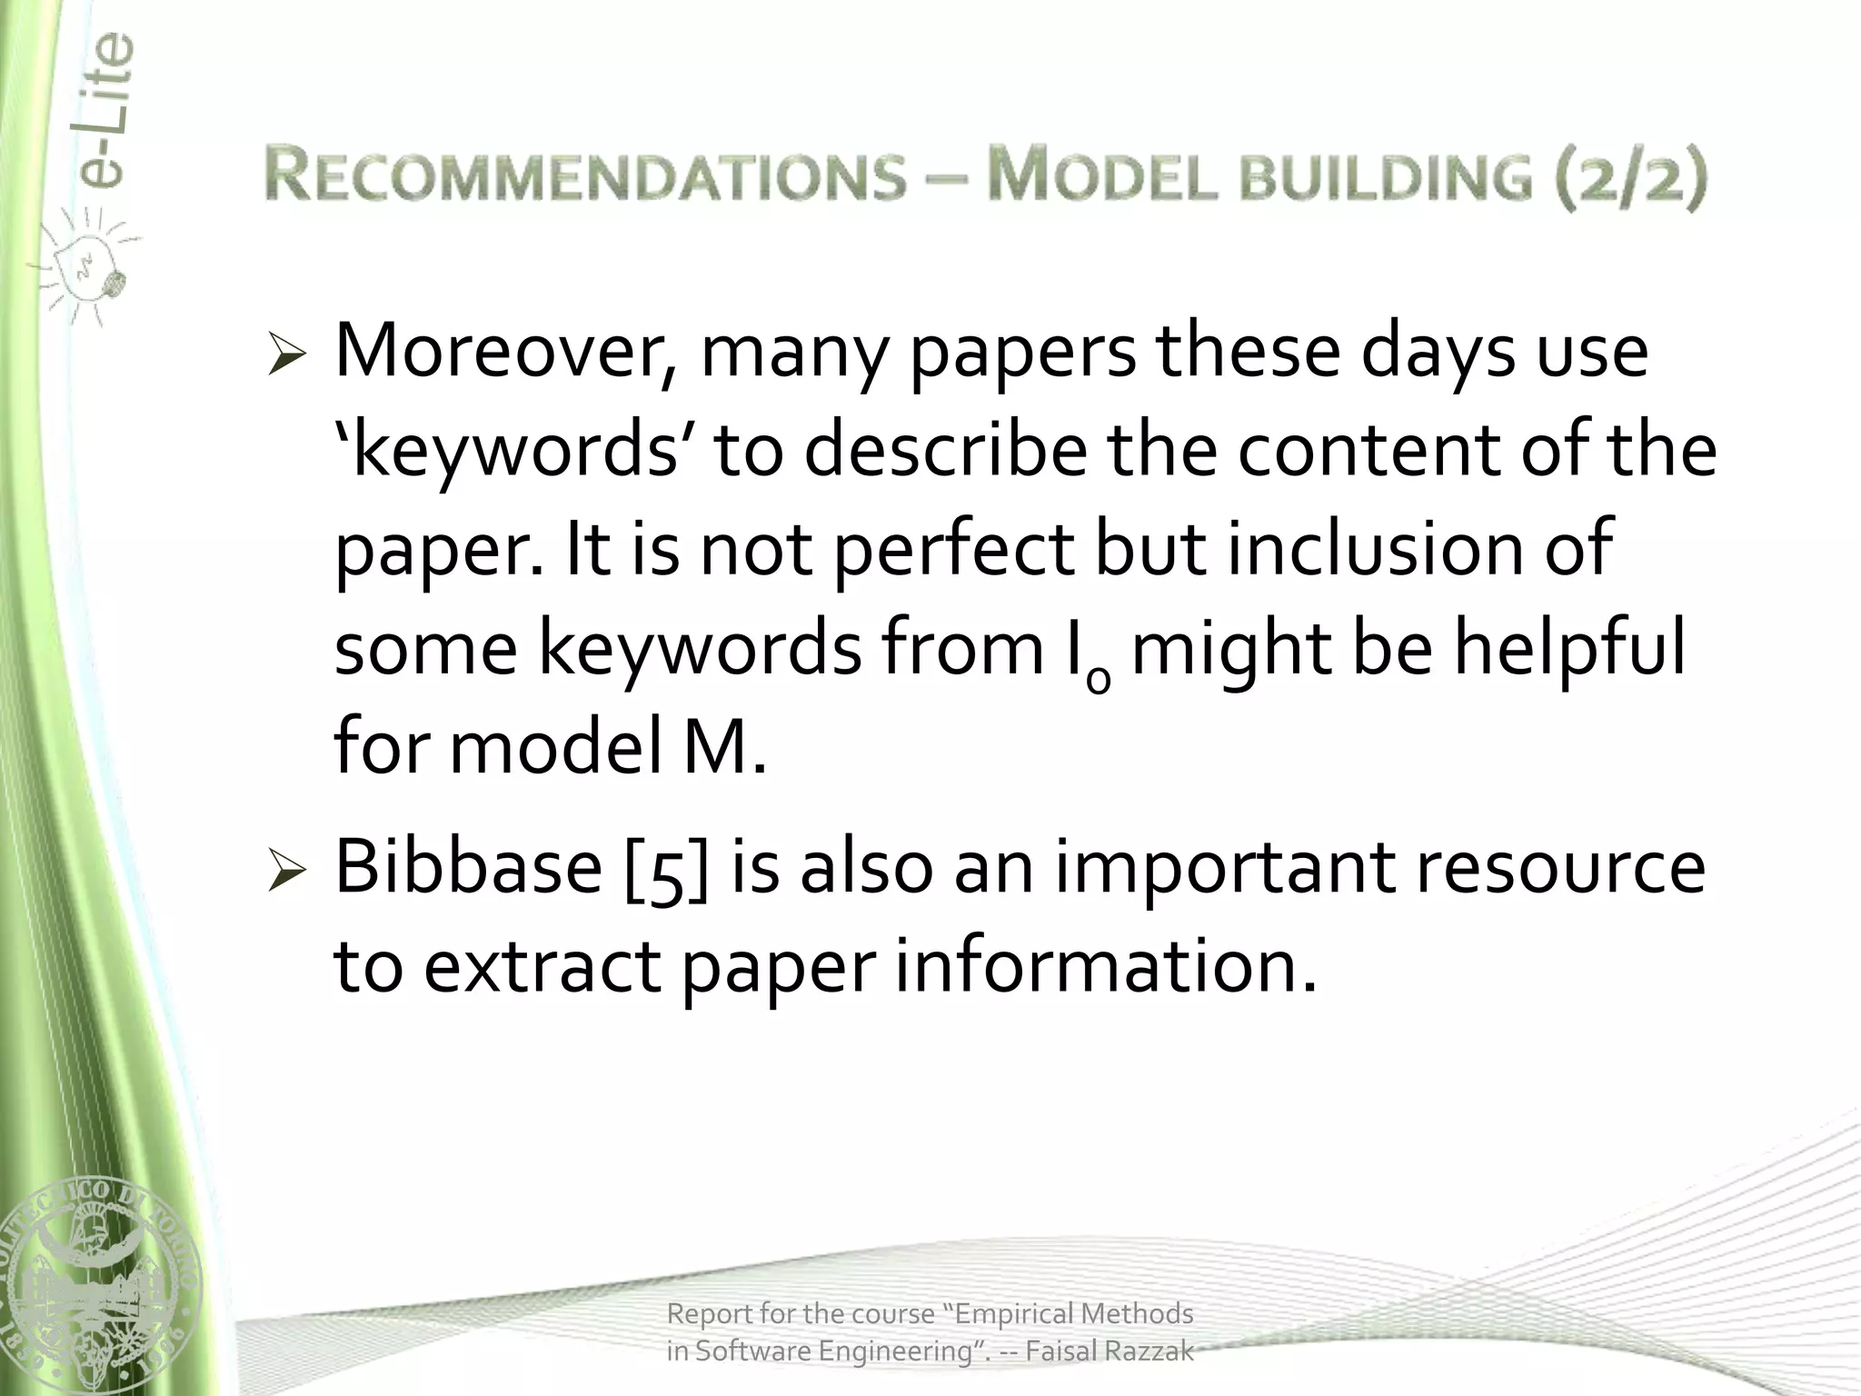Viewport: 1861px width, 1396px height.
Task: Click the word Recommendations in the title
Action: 586,175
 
